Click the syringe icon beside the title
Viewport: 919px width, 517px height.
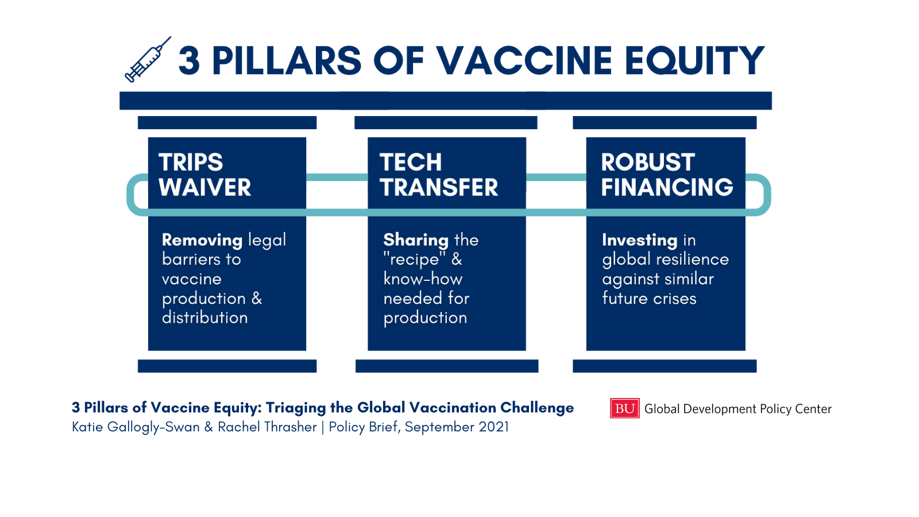(148, 60)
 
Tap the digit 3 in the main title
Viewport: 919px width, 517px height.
(189, 61)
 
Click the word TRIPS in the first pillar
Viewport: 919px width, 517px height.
(191, 162)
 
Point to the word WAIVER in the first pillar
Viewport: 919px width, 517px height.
(204, 187)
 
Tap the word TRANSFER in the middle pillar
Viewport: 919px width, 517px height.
(439, 187)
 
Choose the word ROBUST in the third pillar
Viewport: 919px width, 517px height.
(648, 162)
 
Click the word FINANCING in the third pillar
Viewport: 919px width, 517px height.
(667, 187)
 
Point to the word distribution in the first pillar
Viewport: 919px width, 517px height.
(204, 318)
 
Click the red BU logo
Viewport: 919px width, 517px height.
(624, 408)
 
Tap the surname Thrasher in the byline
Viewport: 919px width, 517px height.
(291, 427)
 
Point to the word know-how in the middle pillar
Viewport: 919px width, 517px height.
(423, 279)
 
